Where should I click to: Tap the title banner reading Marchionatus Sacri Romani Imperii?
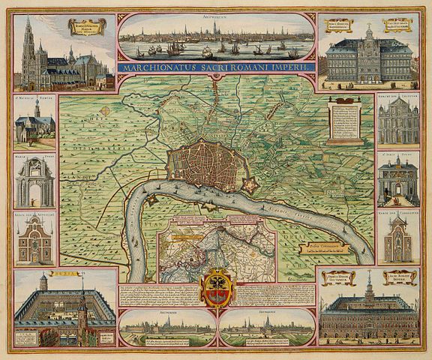coord(216,66)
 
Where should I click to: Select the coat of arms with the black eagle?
coord(217,289)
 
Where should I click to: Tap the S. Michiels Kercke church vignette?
coord(35,121)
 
